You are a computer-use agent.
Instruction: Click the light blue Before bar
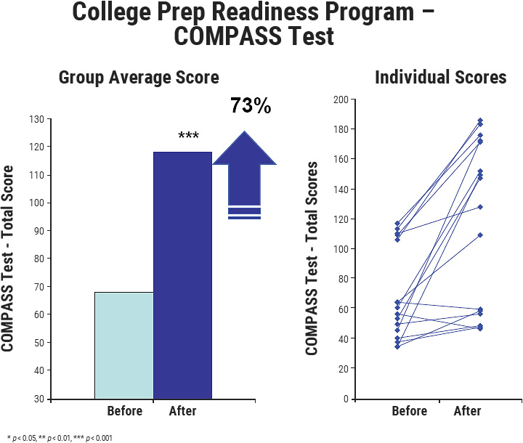[124, 345]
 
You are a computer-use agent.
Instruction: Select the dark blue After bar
[182, 276]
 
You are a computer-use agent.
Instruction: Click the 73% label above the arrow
[251, 106]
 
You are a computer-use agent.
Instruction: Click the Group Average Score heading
[139, 77]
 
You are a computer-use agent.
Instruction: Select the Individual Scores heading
[440, 77]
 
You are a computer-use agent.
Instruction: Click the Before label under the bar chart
[124, 412]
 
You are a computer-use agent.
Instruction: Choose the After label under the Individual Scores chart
[467, 412]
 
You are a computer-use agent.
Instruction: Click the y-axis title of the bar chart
[9, 259]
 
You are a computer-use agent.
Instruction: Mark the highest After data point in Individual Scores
[479, 121]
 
